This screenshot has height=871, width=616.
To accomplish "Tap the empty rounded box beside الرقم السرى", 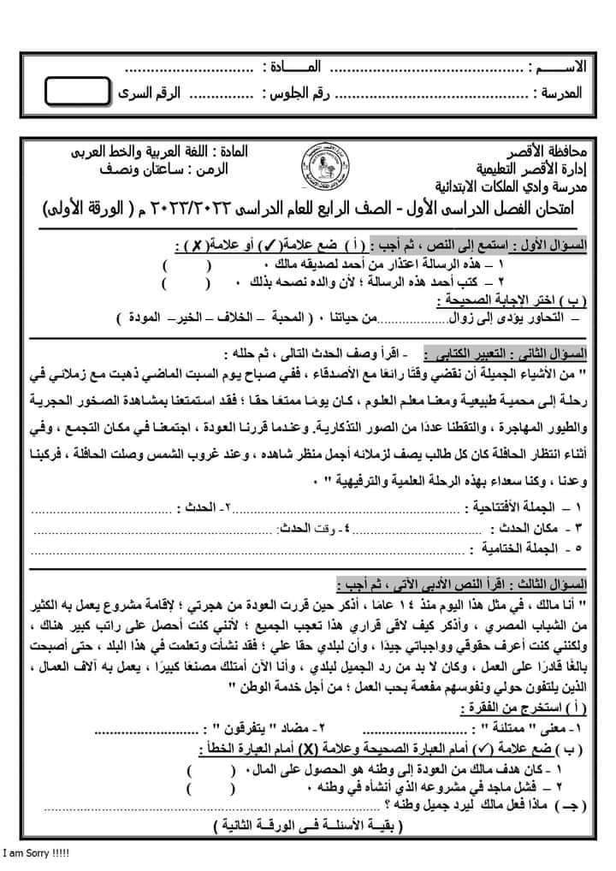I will [78, 91].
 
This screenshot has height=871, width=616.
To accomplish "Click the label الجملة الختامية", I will [528, 546].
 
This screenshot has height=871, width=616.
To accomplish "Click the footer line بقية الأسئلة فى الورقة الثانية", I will [309, 827].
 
